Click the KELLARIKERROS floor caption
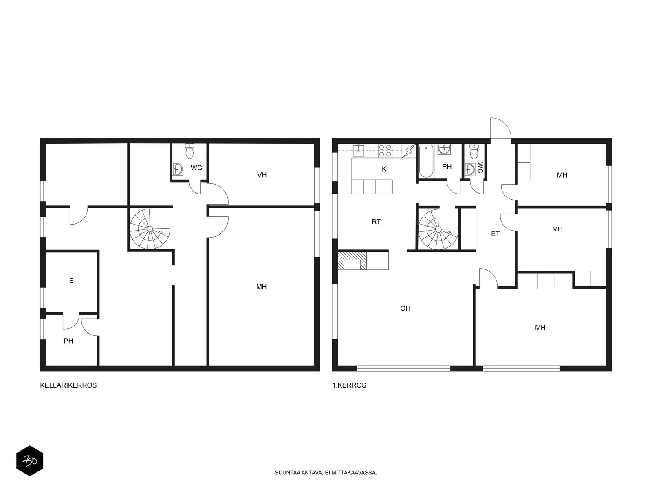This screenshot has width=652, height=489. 68,385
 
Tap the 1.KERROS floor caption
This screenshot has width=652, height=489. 349,385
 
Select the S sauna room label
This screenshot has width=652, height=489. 71,281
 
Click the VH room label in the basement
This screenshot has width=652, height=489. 262,175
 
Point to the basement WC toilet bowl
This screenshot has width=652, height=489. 189,151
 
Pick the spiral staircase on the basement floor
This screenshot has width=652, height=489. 150,229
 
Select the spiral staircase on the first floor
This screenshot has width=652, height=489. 438,229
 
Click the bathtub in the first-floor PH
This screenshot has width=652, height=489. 426,161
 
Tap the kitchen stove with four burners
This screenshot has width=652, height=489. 385,151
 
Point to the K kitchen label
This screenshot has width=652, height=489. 384,169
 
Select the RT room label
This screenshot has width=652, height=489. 376,222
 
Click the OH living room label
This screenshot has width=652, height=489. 405,308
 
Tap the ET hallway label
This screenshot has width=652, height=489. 495,234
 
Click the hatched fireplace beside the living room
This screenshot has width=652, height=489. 352,261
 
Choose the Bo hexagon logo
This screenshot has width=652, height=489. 30,461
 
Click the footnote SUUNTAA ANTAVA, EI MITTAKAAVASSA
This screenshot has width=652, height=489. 326,473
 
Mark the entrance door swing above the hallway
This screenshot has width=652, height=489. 500,128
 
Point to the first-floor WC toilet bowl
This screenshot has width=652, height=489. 474,152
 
